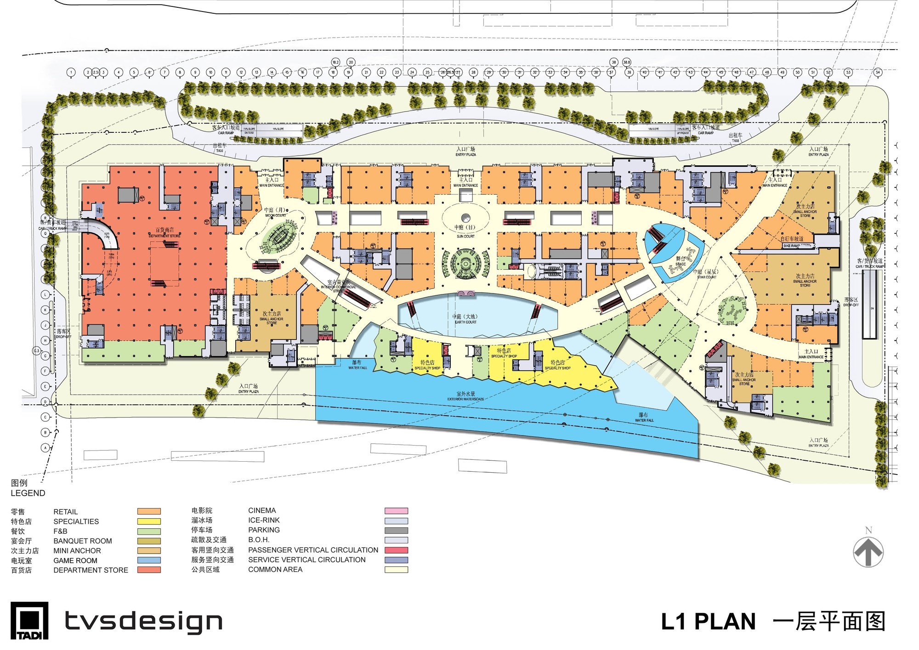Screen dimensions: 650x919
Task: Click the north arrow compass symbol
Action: coord(868,551)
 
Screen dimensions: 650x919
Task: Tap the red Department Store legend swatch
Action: coord(149,570)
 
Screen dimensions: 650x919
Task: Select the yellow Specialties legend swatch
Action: coord(149,521)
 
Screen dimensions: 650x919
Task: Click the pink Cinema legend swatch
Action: coord(396,510)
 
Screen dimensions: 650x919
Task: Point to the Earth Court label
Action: coord(465,319)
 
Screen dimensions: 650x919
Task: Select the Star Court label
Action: coord(707,274)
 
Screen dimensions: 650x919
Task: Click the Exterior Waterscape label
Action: coord(465,396)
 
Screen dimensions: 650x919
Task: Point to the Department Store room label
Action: coord(165,232)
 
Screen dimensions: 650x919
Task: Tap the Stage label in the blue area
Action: coord(681,261)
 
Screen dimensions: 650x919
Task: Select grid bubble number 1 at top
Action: coord(71,72)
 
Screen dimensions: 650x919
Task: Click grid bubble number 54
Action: coord(878,72)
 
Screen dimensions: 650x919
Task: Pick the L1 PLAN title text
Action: coord(708,622)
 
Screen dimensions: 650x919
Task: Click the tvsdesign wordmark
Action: coord(143,622)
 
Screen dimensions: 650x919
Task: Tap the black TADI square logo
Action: coord(29,620)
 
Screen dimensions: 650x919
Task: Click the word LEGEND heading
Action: coord(28,493)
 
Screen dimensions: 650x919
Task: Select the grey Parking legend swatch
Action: coord(396,530)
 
